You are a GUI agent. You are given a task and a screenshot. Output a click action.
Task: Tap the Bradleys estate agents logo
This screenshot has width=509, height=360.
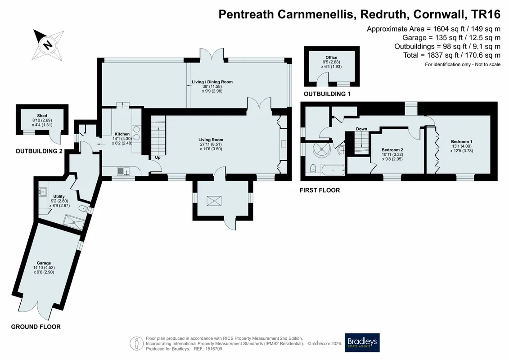coord(362,342)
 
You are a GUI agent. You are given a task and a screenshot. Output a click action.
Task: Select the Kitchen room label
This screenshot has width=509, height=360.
coord(122,134)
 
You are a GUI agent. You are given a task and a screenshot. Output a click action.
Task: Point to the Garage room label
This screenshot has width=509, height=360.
coord(44,263)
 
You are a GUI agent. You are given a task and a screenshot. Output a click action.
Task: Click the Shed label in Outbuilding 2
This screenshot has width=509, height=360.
coord(42,116)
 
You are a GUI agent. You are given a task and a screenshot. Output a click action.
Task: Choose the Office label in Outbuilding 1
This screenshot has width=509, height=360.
coord(331,58)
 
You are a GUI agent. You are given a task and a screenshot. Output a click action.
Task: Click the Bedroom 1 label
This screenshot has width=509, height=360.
coord(461,142)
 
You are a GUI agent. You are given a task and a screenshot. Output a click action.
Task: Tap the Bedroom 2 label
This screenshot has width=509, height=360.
coord(392,150)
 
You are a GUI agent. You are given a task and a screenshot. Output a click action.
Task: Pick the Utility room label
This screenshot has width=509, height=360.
coord(59,196)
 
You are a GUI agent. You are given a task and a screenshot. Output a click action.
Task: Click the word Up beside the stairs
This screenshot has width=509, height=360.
coord(158,158)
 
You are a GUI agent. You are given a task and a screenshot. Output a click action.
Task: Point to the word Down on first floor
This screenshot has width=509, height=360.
coord(361,129)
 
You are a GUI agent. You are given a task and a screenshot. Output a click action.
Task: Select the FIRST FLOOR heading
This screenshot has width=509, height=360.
coord(320,190)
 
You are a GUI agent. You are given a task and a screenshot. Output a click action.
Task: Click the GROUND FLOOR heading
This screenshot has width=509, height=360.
coord(36,327)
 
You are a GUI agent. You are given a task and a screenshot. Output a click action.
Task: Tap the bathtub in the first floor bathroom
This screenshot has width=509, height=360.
coord(333,170)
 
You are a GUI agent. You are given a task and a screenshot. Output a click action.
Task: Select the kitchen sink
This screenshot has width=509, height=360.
coord(123,171)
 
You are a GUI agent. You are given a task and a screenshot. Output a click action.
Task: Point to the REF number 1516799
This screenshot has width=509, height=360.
coord(212,349)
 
